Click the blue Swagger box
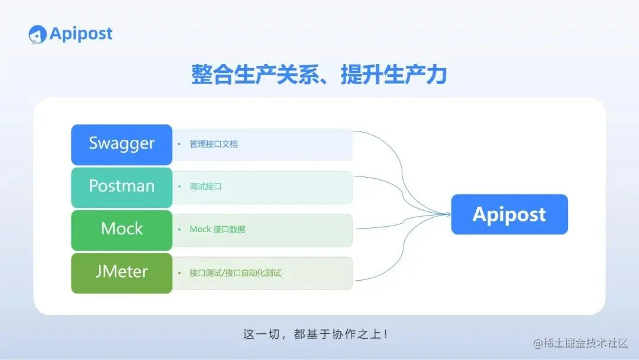[121, 144]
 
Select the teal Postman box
[121, 187]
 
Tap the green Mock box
[121, 229]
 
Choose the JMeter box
[121, 272]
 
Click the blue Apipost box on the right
[509, 214]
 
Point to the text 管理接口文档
[214, 144]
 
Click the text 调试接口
[205, 187]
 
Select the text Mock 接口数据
[217, 229]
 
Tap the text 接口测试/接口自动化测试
[235, 273]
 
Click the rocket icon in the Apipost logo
[37, 34]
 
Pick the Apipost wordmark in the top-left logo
[81, 34]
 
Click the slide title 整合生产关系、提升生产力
[319, 75]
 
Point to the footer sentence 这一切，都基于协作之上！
[316, 334]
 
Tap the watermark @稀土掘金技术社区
[580, 343]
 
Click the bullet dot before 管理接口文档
[179, 144]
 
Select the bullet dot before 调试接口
[179, 187]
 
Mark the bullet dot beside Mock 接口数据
[179, 229]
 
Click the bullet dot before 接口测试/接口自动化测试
[179, 273]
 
